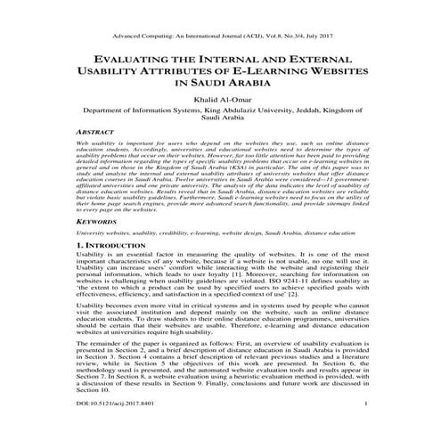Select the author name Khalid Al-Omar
pos(220,102)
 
